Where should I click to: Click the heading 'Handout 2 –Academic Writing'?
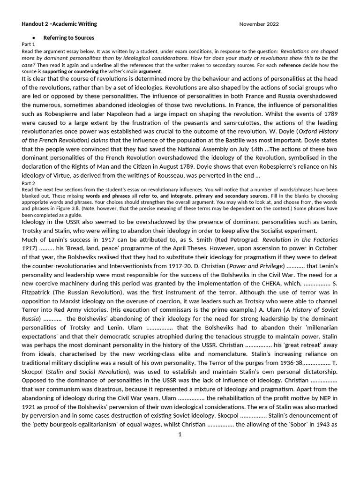pos(59,24)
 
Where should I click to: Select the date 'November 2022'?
pos(258,24)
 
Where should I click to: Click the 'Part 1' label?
pos(29,44)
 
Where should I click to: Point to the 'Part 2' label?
pos(29,183)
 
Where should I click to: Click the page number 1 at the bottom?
pos(180,434)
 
